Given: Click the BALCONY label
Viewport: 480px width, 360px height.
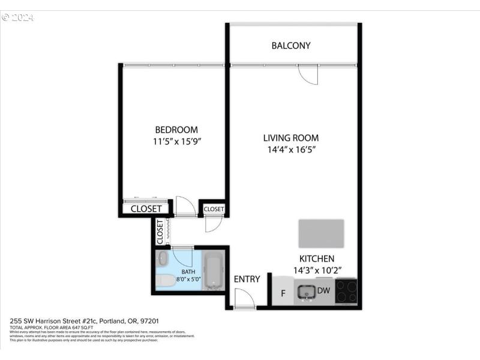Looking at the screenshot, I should pyautogui.click(x=291, y=46).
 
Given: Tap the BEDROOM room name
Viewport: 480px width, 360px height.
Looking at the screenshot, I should pyautogui.click(x=176, y=130).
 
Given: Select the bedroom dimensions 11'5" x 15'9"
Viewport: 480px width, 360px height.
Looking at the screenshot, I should pyautogui.click(x=176, y=142).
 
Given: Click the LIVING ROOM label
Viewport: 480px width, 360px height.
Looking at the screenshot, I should pyautogui.click(x=291, y=137).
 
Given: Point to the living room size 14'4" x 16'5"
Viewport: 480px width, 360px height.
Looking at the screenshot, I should pyautogui.click(x=291, y=150).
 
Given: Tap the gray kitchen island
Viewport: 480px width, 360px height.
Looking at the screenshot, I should pyautogui.click(x=321, y=233).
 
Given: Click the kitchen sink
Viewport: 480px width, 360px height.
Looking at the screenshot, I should pyautogui.click(x=307, y=292).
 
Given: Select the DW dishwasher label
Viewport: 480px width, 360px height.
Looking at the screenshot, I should pyautogui.click(x=324, y=291).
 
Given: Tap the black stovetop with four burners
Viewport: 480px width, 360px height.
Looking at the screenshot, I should pyautogui.click(x=346, y=292).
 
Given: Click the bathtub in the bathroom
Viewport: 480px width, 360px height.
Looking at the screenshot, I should pyautogui.click(x=213, y=272).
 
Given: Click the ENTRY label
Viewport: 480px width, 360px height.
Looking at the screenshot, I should pyautogui.click(x=247, y=279).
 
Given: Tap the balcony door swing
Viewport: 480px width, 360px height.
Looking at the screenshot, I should pyautogui.click(x=307, y=74).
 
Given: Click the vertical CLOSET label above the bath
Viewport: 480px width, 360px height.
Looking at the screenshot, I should pyautogui.click(x=160, y=232).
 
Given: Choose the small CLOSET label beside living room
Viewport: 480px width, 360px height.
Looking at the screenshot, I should pyautogui.click(x=214, y=209).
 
